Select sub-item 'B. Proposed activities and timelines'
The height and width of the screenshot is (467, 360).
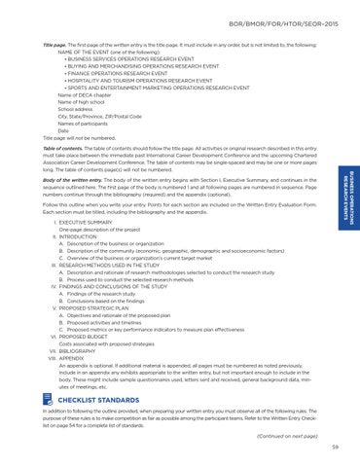(115, 321)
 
